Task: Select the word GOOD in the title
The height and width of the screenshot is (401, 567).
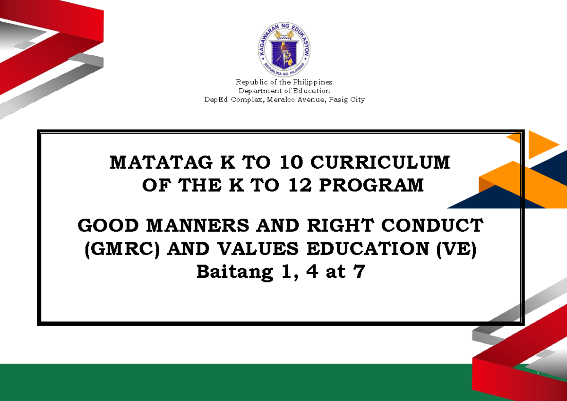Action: (106, 226)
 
